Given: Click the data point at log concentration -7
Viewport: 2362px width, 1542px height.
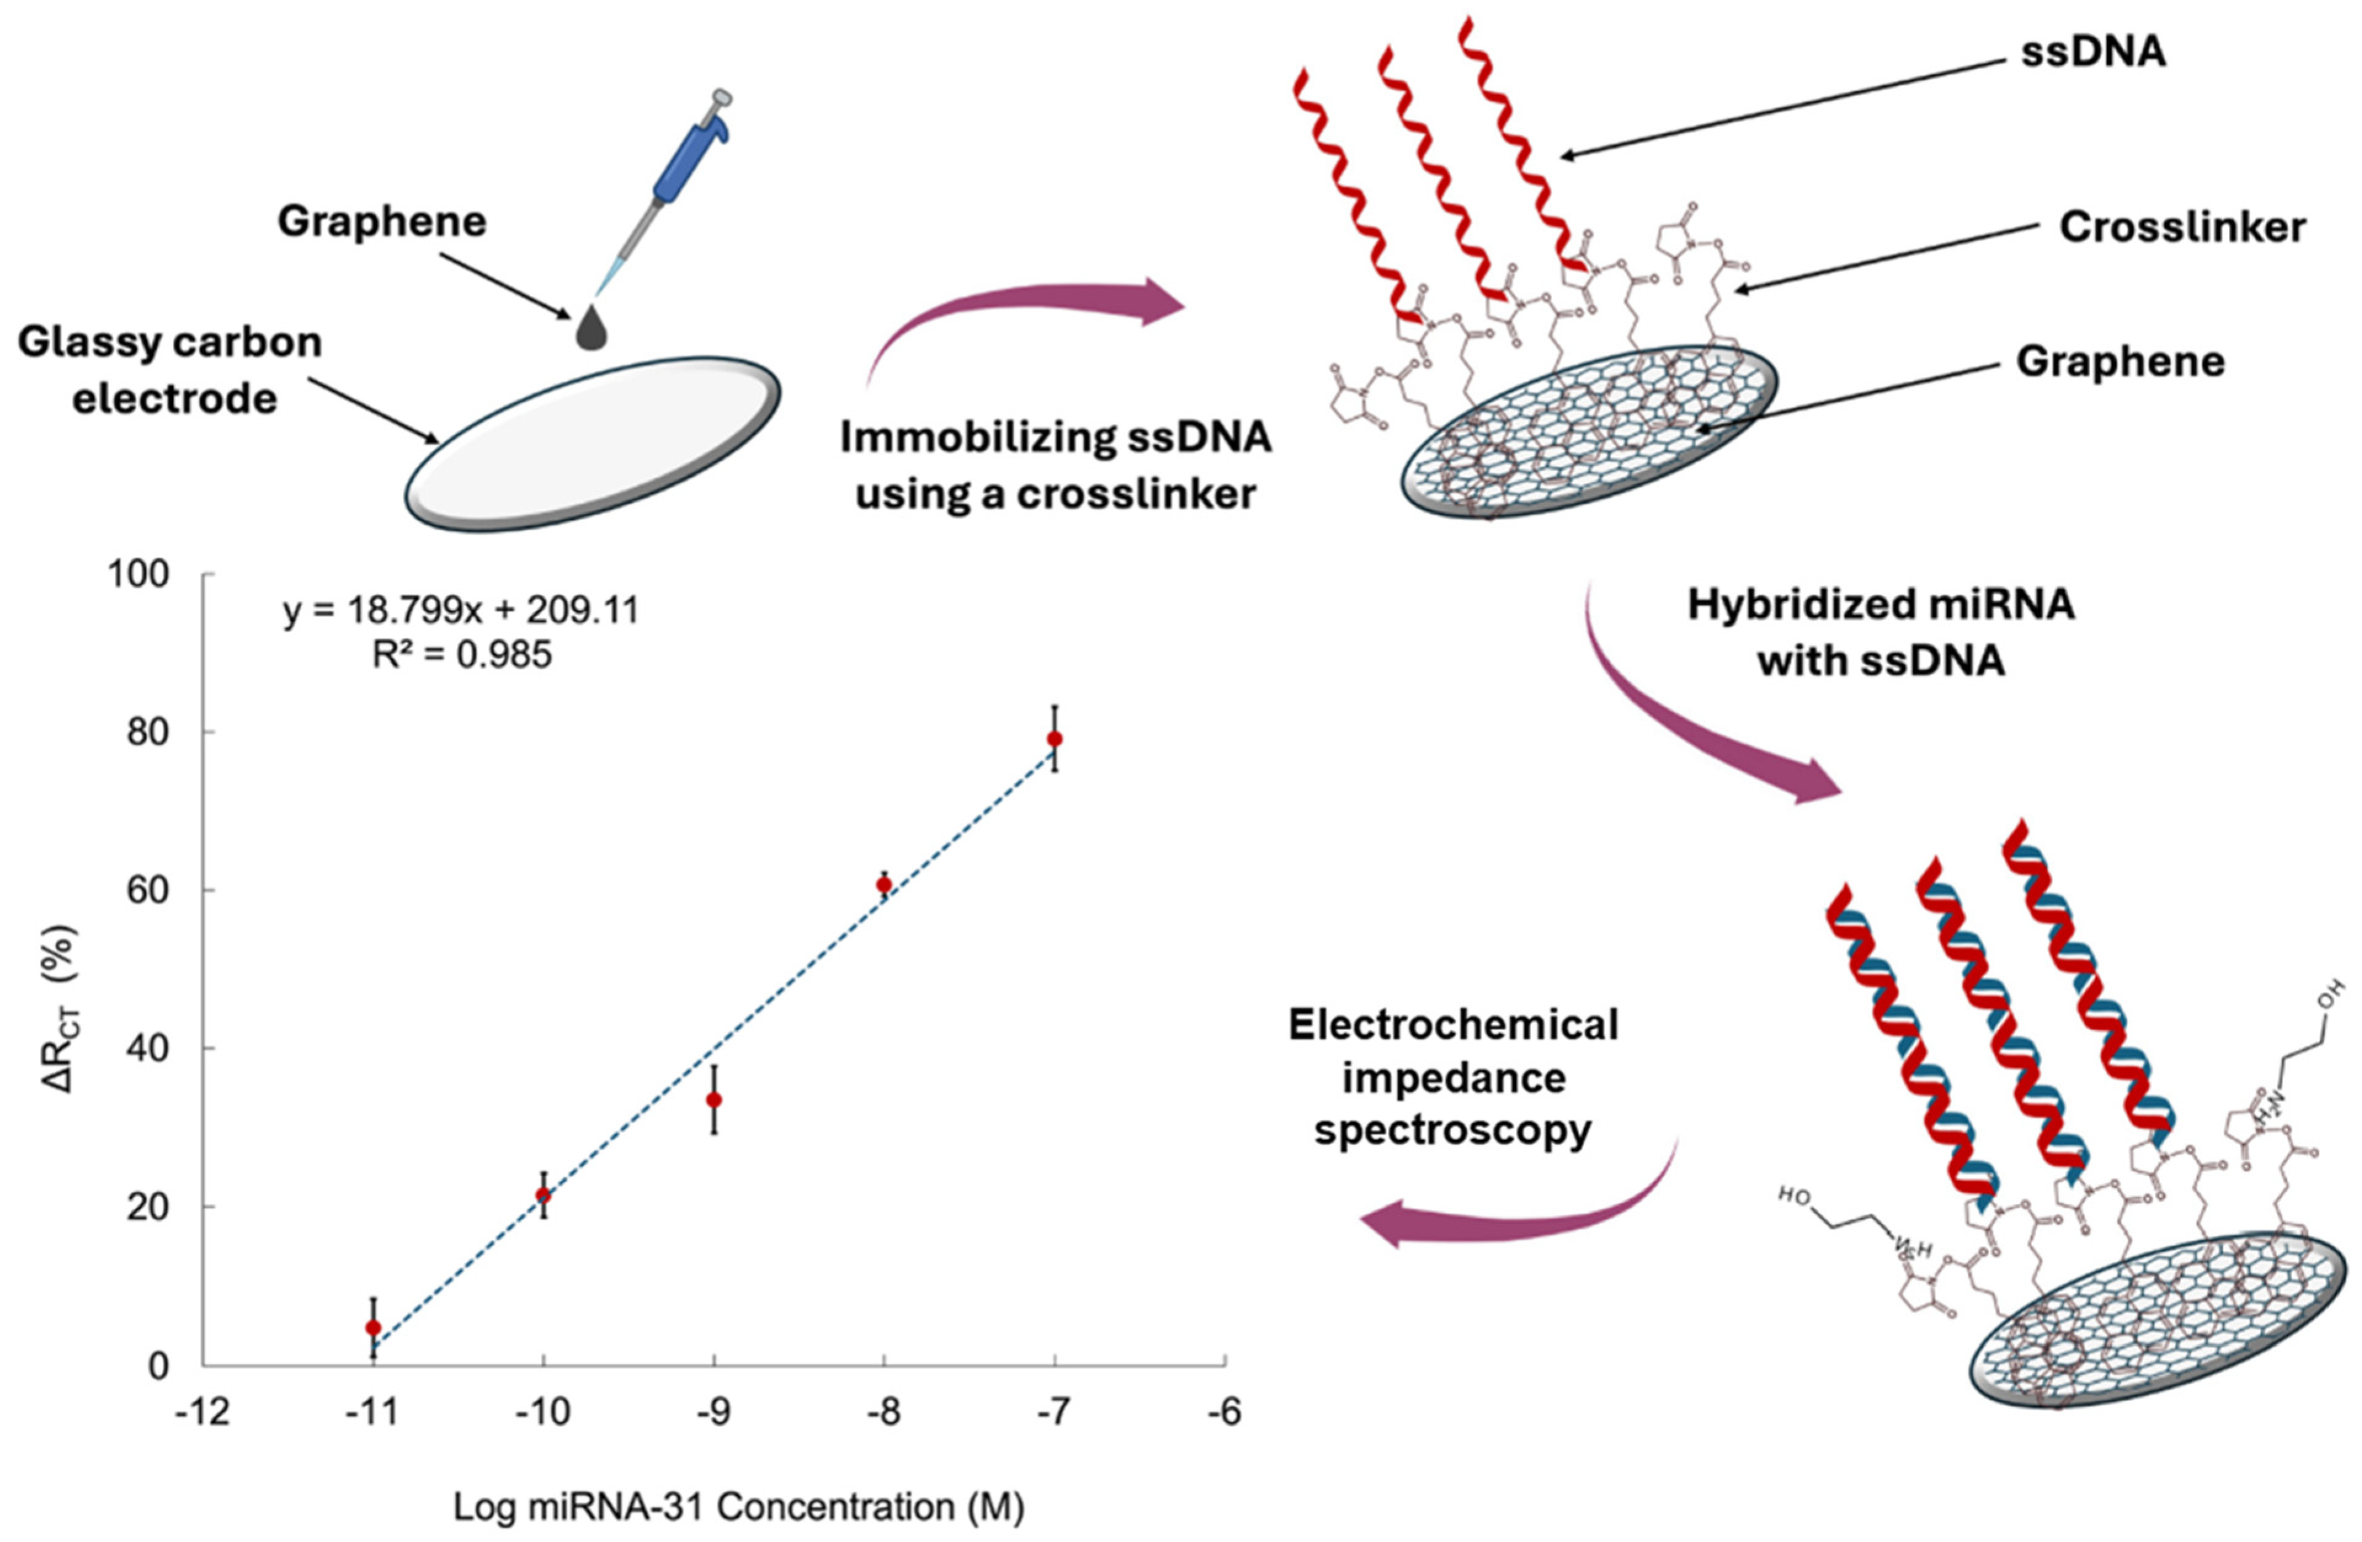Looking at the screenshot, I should click(1055, 739).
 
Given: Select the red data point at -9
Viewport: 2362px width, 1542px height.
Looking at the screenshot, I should click(713, 1100).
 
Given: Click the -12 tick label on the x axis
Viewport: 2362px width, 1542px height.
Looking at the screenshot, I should click(202, 1412).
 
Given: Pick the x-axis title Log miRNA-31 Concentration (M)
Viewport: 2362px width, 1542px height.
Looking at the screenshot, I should click(739, 1506).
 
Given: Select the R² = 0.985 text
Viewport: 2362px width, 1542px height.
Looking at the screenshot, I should click(462, 655).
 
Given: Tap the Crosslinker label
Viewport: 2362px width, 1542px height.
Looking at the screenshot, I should click(2182, 227).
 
